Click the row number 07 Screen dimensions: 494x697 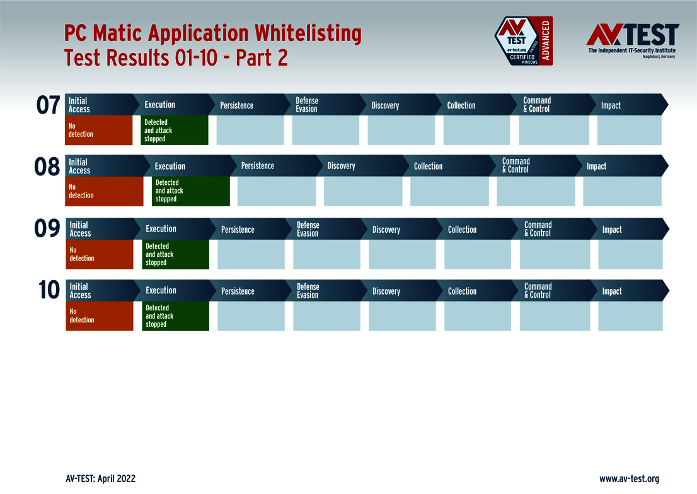(x=48, y=105)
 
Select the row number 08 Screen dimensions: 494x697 (x=47, y=167)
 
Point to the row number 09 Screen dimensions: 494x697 (x=47, y=229)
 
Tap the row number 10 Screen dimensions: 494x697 (x=49, y=290)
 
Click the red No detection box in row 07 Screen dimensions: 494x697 (x=99, y=131)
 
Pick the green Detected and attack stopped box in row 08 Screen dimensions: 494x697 (x=191, y=191)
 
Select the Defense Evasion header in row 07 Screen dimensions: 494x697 (x=307, y=105)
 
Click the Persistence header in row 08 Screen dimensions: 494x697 (x=257, y=166)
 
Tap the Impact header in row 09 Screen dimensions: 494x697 (x=611, y=230)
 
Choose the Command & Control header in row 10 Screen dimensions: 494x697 (x=538, y=291)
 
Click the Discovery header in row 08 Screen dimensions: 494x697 (x=341, y=166)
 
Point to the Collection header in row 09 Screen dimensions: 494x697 (x=462, y=230)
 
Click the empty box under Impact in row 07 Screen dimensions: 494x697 (x=629, y=131)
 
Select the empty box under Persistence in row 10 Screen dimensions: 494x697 (x=251, y=316)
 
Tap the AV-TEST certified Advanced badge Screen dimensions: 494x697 (x=523, y=41)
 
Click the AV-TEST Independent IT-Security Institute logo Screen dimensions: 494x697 (x=632, y=40)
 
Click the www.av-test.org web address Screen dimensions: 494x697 (x=629, y=479)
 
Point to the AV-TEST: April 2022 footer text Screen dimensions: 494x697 (x=100, y=479)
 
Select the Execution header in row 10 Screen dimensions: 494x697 (x=161, y=291)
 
